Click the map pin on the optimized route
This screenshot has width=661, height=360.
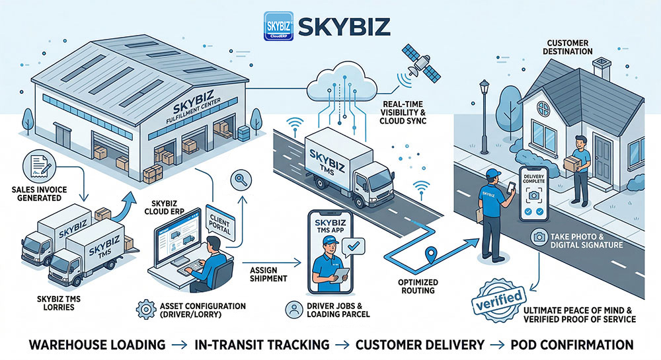(x=432, y=253)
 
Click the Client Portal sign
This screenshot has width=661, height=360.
(x=219, y=224)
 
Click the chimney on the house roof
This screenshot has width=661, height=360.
(x=602, y=67)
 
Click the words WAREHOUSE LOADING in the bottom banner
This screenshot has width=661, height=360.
(x=97, y=344)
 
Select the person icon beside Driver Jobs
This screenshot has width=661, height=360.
(x=294, y=309)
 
